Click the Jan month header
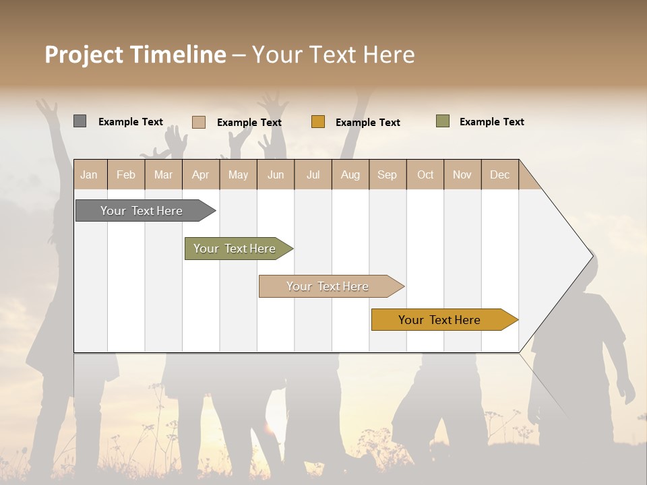pyautogui.click(x=89, y=174)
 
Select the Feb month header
pyautogui.click(x=126, y=174)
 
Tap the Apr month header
pyautogui.click(x=200, y=174)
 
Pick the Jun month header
pyautogui.click(x=276, y=174)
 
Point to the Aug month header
pyautogui.click(x=350, y=174)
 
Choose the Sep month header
pyautogui.click(x=387, y=174)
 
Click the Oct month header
pyautogui.click(x=425, y=174)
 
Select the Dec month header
pyautogui.click(x=499, y=174)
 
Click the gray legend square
pyautogui.click(x=80, y=121)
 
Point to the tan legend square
pyautogui.click(x=199, y=122)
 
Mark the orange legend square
pyautogui.click(x=318, y=122)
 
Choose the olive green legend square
pyautogui.click(x=443, y=121)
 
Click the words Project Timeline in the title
pyautogui.click(x=135, y=55)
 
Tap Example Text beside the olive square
pyautogui.click(x=491, y=122)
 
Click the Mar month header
pyautogui.click(x=163, y=174)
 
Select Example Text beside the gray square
pyautogui.click(x=131, y=122)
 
